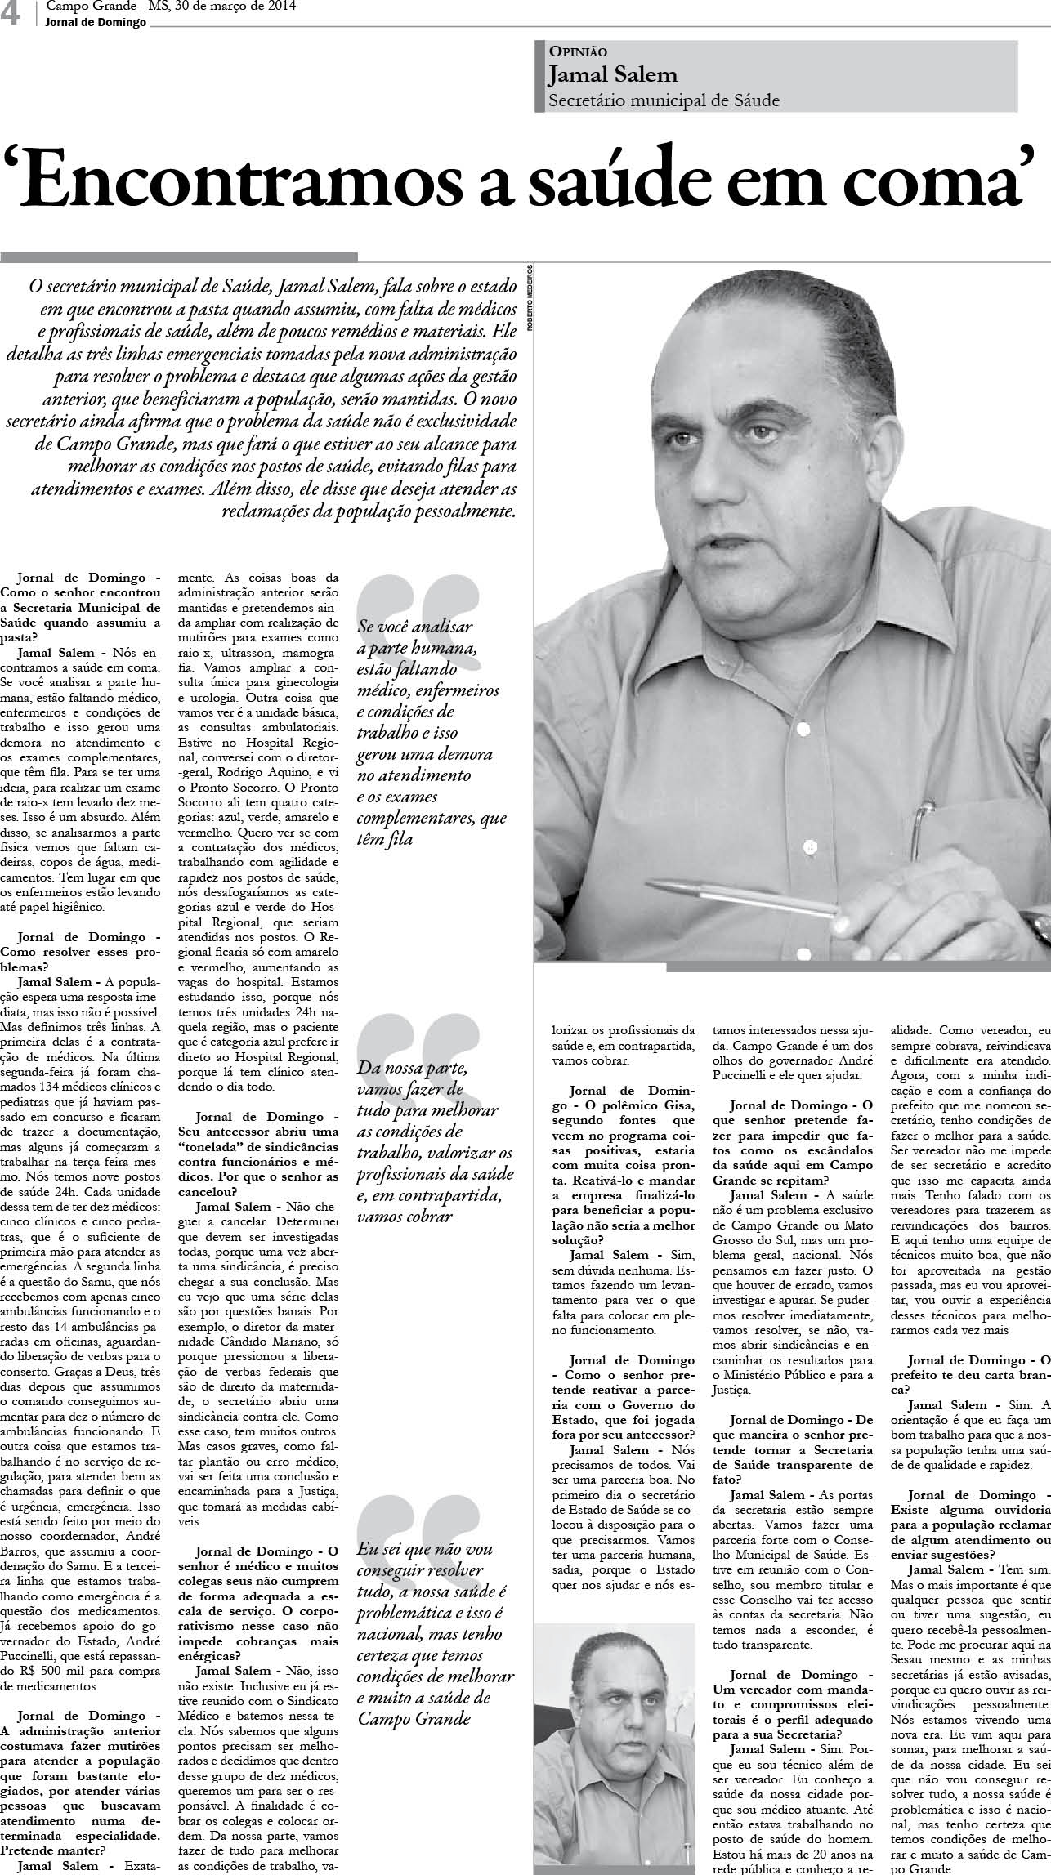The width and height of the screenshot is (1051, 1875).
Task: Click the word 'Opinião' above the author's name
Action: click(x=578, y=51)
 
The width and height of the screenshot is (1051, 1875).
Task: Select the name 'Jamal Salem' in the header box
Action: click(x=613, y=74)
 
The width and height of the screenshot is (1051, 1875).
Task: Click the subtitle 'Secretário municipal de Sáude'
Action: click(x=664, y=100)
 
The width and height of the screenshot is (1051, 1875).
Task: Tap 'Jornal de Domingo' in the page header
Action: click(x=96, y=23)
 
